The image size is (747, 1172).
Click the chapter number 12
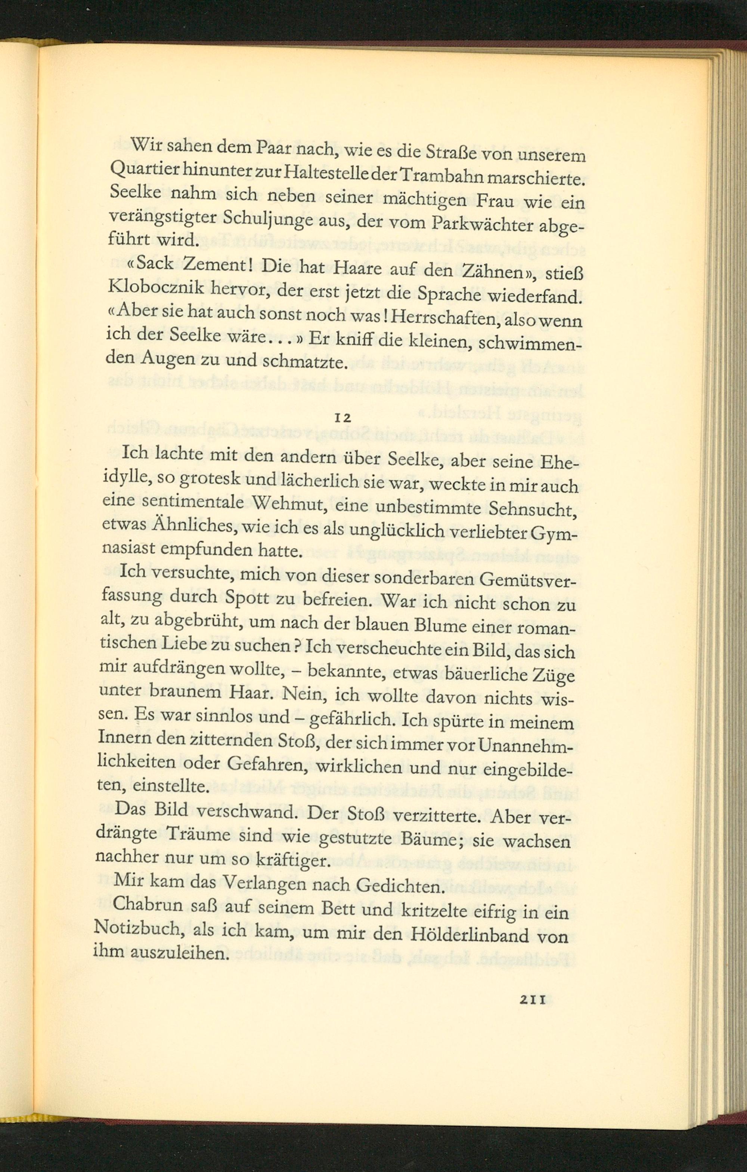tap(344, 418)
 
